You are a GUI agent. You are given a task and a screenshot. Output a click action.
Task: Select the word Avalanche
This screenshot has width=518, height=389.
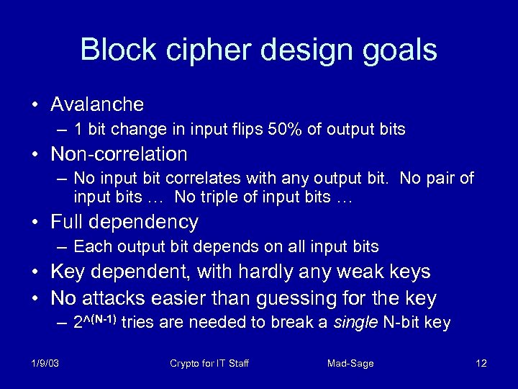(x=97, y=104)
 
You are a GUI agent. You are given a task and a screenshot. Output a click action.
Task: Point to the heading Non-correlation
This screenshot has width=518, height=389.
(x=119, y=154)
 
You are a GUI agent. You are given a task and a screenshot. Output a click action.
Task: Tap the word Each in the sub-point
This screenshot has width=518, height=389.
(x=90, y=246)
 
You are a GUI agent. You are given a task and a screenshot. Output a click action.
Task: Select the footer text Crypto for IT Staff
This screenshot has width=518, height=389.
(x=209, y=364)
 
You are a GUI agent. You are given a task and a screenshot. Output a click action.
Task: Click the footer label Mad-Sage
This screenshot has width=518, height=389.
(x=350, y=364)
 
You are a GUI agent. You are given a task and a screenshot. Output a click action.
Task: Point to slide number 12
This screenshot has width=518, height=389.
(x=481, y=364)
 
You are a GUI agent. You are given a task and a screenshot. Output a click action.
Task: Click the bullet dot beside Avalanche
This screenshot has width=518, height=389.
(x=35, y=105)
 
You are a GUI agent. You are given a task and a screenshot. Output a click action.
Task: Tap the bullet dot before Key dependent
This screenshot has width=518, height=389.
(x=35, y=272)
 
